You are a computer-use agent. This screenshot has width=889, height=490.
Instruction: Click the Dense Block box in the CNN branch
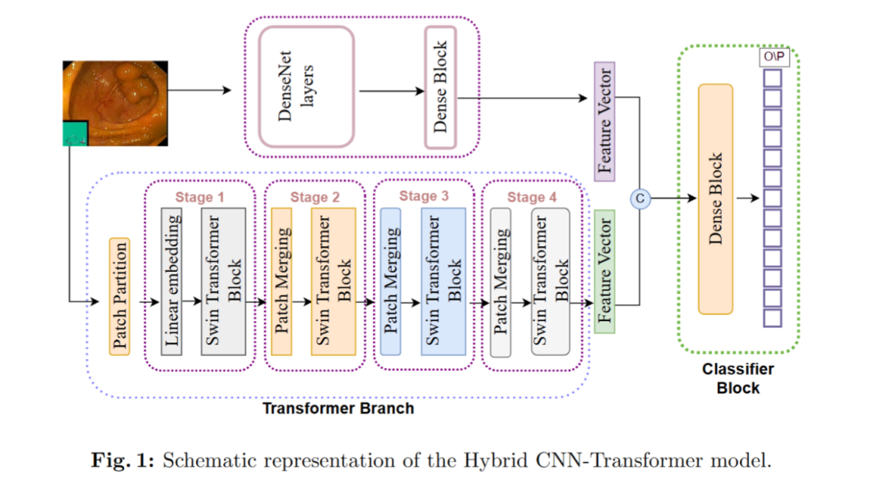440,87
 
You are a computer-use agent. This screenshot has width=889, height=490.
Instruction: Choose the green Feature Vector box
605,271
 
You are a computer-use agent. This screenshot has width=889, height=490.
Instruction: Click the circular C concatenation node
640,198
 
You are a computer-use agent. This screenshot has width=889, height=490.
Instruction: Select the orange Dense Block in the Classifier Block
715,198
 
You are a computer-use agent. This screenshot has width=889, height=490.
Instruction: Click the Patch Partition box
119,296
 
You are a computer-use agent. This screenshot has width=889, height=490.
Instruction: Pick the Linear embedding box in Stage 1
171,281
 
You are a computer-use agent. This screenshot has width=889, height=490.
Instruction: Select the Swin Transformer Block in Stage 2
333,281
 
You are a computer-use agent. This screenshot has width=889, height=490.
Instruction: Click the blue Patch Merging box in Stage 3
391,281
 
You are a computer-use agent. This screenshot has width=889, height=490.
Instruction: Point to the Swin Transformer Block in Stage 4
550,281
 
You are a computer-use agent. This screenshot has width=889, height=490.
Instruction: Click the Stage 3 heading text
424,196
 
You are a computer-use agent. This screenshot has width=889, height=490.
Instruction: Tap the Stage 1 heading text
199,197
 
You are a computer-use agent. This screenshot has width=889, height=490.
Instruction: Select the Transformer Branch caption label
337,408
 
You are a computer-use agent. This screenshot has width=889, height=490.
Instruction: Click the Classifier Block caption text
738,379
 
